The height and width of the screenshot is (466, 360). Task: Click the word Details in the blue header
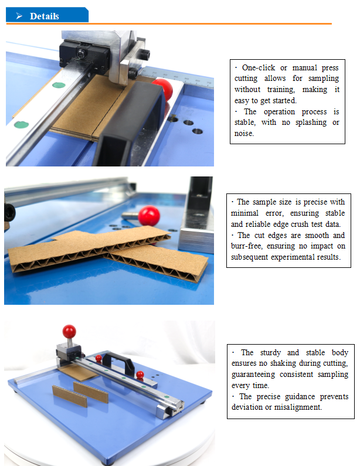tap(45, 16)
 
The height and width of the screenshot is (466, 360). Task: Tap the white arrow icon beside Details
tap(19, 16)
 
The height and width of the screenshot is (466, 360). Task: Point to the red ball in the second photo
tap(149, 216)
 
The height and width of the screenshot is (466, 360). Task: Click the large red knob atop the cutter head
tap(69, 331)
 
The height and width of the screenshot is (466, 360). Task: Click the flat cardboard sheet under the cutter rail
tap(78, 372)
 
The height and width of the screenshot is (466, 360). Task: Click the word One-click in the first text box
tap(259, 68)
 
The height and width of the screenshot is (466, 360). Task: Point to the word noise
tap(244, 134)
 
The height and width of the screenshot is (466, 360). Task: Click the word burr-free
tap(247, 246)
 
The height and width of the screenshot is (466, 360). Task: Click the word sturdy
tap(270, 353)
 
